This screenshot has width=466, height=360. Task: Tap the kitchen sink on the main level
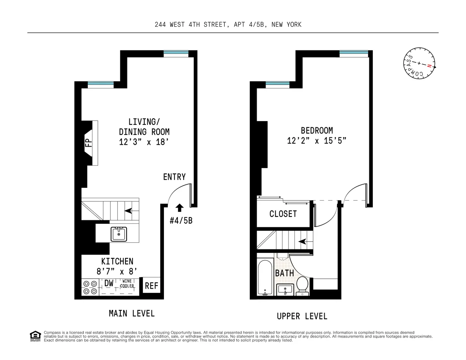(x=118, y=234)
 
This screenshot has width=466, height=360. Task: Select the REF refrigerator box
(x=151, y=286)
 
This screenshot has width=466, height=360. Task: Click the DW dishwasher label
(x=109, y=284)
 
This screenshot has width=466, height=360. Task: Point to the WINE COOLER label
(x=127, y=284)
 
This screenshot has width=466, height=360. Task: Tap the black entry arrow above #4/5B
(x=179, y=208)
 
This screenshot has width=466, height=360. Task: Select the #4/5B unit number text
(x=181, y=221)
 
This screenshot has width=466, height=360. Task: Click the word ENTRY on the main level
(x=174, y=177)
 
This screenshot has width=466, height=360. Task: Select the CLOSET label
(x=283, y=214)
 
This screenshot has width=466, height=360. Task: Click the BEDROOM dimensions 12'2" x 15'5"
(x=316, y=141)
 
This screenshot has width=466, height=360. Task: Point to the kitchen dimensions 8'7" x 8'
(x=117, y=271)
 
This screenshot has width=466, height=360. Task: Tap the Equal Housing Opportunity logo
(x=35, y=336)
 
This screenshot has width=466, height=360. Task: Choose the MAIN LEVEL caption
(x=132, y=313)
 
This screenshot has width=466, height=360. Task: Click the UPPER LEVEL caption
(x=302, y=316)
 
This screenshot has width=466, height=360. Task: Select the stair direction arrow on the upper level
(x=301, y=242)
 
